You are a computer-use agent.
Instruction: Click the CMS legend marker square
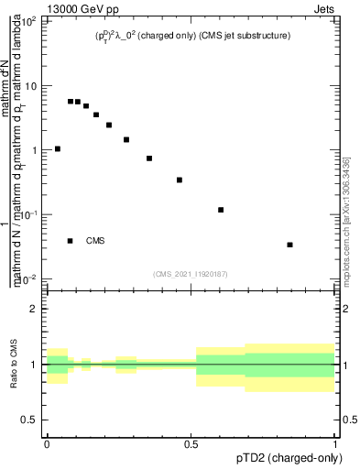71,241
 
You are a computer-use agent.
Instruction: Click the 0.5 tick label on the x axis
191,444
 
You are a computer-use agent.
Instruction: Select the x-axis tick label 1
335,444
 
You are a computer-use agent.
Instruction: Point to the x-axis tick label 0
47,444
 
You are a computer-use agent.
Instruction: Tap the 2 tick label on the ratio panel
35,309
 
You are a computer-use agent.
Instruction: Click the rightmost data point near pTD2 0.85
289,245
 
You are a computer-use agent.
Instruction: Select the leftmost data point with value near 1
58,148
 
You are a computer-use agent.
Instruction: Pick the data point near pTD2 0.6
221,210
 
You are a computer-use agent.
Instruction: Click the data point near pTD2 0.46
180,180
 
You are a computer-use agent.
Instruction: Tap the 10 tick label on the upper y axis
31,85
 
